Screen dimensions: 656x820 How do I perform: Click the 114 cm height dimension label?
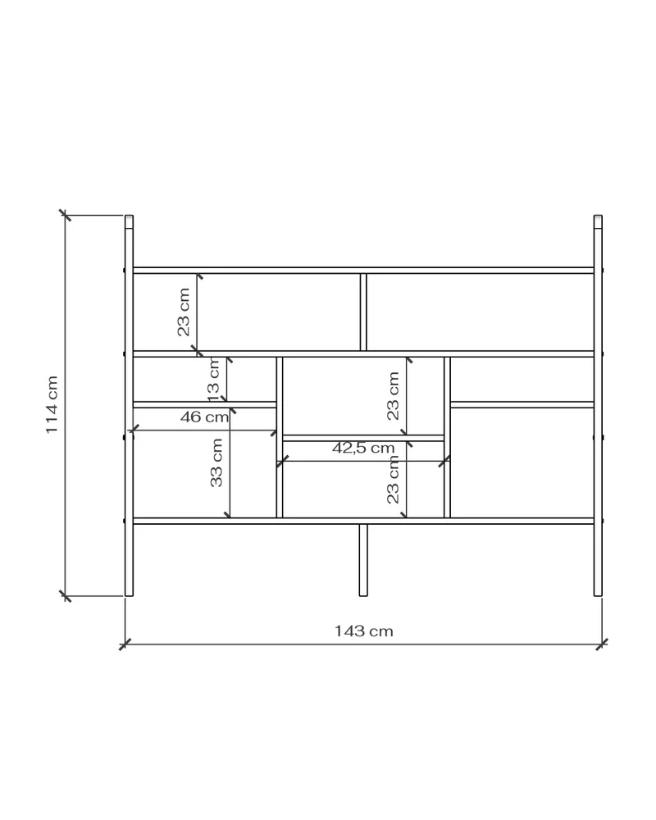pyautogui.click(x=52, y=405)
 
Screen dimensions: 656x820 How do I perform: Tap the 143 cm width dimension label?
pyautogui.click(x=363, y=631)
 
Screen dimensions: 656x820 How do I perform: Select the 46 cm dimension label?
pyautogui.click(x=204, y=417)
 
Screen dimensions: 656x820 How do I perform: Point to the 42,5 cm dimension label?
pyautogui.click(x=363, y=448)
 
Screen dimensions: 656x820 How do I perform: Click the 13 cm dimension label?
pyautogui.click(x=215, y=380)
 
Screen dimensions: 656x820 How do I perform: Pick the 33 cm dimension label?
pyautogui.click(x=216, y=462)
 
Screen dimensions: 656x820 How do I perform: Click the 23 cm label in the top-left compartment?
pyautogui.click(x=184, y=312)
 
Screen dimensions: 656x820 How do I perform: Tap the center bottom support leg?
pyautogui.click(x=363, y=560)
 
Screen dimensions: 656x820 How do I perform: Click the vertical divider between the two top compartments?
pyautogui.click(x=363, y=312)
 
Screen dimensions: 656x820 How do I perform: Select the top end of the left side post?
pyautogui.click(x=130, y=216)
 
